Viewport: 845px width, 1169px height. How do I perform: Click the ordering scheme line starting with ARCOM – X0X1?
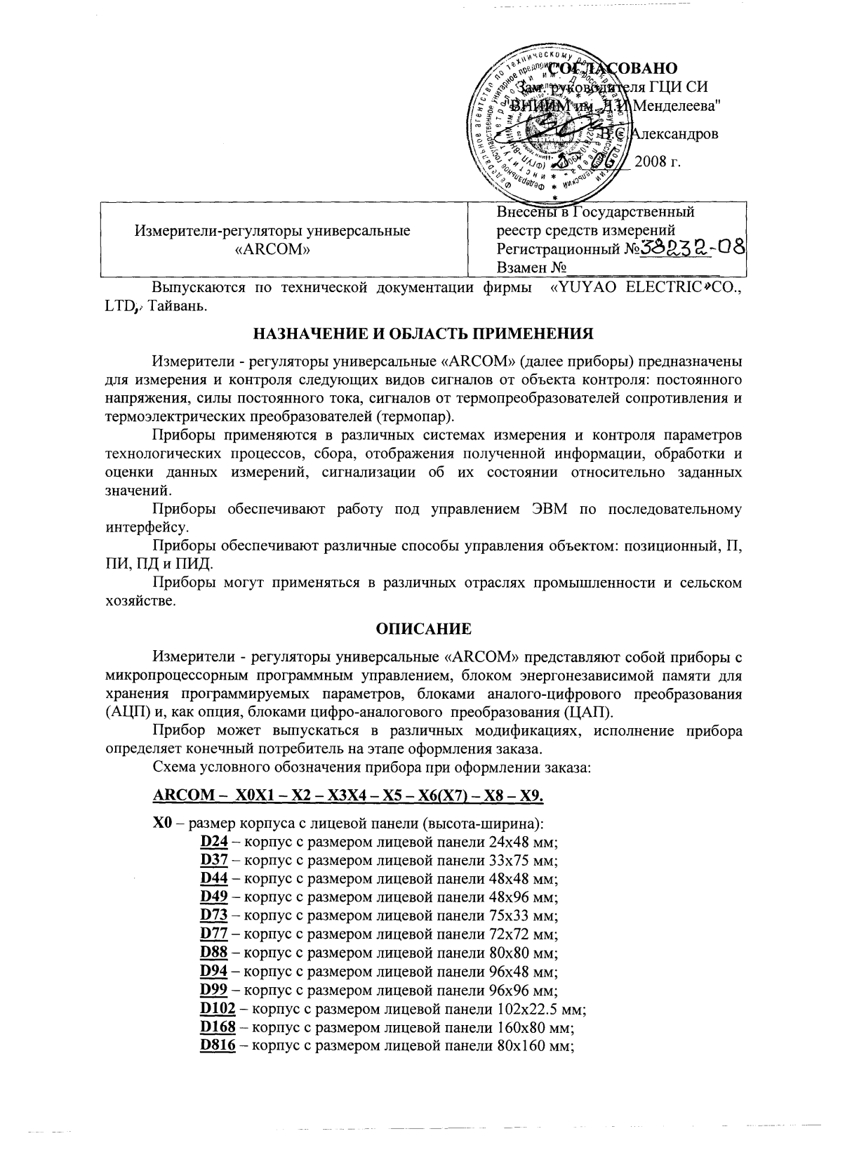(349, 795)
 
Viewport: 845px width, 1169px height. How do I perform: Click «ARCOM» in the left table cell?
(272, 249)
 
